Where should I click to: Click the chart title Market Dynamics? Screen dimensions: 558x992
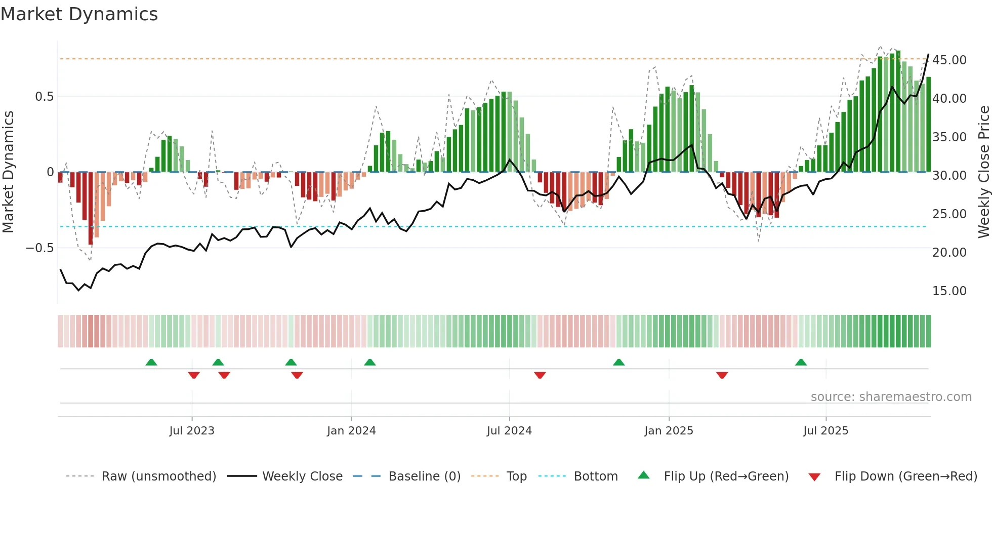[79, 14]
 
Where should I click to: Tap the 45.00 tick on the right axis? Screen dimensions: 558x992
[949, 60]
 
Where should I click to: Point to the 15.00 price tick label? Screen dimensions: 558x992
[949, 291]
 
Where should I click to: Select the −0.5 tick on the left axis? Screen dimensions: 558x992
[39, 248]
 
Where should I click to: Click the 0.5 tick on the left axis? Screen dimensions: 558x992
[44, 96]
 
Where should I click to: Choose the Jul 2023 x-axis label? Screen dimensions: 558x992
[192, 431]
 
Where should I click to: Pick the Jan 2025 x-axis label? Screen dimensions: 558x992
[669, 431]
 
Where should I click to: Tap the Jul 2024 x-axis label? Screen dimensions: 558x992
[509, 431]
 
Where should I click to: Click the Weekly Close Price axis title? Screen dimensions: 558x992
[983, 172]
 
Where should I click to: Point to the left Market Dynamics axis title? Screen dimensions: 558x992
[8, 172]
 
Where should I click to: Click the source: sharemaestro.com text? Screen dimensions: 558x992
[891, 396]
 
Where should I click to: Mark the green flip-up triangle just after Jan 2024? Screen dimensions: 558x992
[370, 363]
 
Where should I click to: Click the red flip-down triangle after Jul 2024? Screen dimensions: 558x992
[540, 375]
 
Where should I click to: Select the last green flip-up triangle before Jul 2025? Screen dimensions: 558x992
[801, 363]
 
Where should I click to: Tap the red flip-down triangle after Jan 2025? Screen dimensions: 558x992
[722, 375]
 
